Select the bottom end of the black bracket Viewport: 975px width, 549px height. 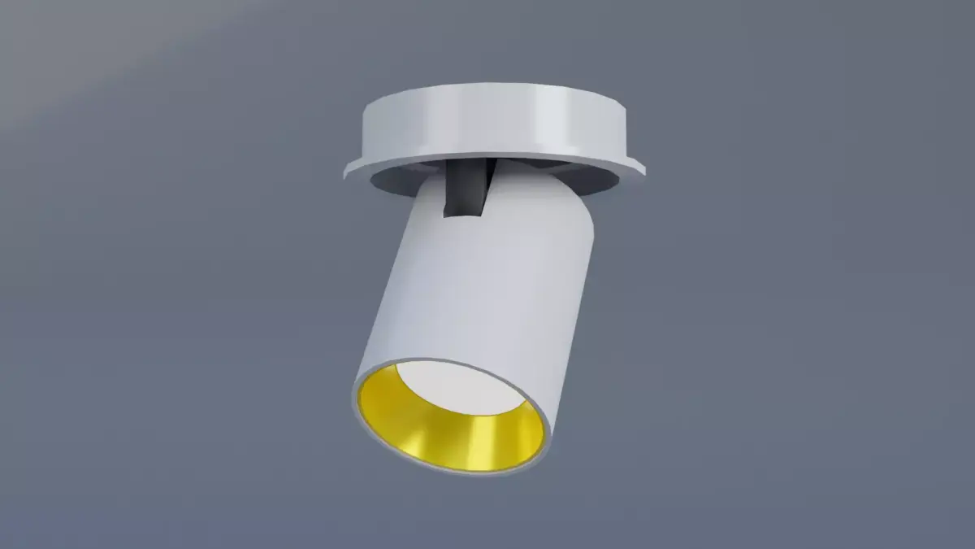coord(462,216)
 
